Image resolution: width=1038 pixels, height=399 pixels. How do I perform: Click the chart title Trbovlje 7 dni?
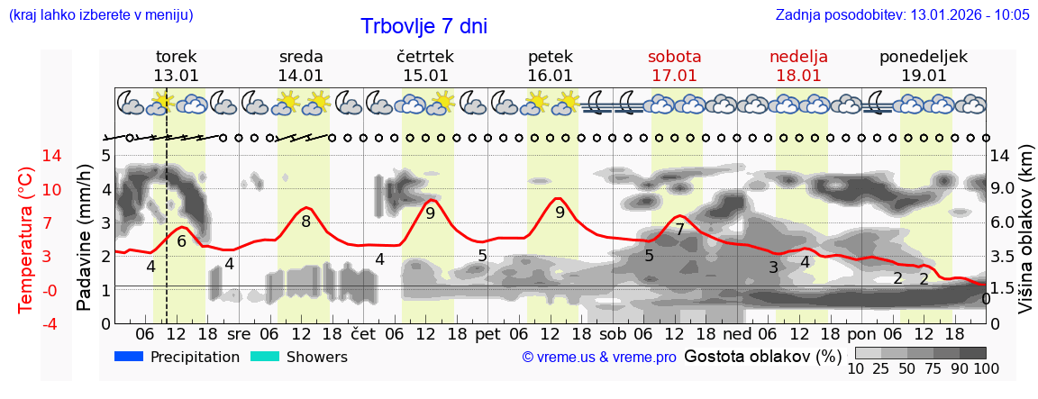(423, 26)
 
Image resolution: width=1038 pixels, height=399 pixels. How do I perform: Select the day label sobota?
(674, 56)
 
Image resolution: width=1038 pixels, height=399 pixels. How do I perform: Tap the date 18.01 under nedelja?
(798, 76)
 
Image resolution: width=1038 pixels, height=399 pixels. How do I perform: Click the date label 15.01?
(425, 76)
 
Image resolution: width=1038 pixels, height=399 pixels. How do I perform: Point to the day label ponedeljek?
(924, 56)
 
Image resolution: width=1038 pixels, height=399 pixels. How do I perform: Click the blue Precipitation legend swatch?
(129, 357)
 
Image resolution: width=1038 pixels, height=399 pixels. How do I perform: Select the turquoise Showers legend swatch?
(264, 357)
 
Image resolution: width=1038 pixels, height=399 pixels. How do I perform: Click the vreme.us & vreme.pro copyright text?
(599, 358)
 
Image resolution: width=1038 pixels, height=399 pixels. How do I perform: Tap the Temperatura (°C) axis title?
(26, 240)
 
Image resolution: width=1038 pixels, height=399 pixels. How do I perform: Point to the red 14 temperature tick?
(26, 156)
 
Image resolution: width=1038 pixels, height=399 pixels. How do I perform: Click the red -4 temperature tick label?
(26, 323)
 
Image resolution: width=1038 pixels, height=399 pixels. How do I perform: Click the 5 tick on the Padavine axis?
(105, 156)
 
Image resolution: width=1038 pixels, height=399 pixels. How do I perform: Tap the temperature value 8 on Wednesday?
(306, 222)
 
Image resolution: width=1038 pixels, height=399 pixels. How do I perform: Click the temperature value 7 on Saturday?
(679, 230)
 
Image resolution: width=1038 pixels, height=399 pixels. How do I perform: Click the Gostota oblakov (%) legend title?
(763, 357)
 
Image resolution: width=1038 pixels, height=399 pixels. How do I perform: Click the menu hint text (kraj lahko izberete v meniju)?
(100, 14)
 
